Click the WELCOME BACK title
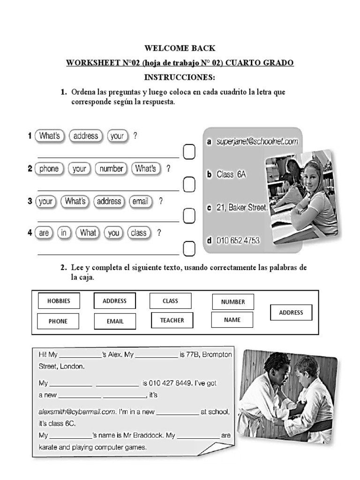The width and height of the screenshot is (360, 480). pyautogui.click(x=180, y=48)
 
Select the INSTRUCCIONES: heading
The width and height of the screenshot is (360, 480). pyautogui.click(x=180, y=77)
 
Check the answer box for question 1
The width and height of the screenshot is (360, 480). pyautogui.click(x=189, y=152)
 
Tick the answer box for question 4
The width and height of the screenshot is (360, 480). pyautogui.click(x=189, y=248)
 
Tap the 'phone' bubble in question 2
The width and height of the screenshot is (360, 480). pyautogui.click(x=49, y=169)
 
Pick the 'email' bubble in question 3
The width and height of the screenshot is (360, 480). pyautogui.click(x=140, y=202)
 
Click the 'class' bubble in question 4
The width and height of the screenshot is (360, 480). pyautogui.click(x=138, y=233)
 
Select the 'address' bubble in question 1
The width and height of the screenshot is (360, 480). pyautogui.click(x=86, y=136)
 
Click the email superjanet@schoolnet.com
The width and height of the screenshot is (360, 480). pyautogui.click(x=257, y=141)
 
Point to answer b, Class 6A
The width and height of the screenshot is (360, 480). pyautogui.click(x=231, y=174)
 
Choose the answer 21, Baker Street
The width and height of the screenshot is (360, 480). pyautogui.click(x=242, y=207)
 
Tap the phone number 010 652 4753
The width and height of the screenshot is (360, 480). pyautogui.click(x=238, y=240)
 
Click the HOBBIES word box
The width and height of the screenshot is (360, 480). pyautogui.click(x=58, y=301)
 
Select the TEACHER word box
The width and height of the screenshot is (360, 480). pyautogui.click(x=172, y=321)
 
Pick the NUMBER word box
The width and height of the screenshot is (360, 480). pyautogui.click(x=233, y=302)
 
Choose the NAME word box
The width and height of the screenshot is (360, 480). pyautogui.click(x=232, y=320)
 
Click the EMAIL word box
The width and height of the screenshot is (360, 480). pyautogui.click(x=115, y=322)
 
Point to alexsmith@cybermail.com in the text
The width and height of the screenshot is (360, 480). pyautogui.click(x=77, y=412)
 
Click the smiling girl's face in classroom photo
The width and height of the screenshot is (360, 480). pyautogui.click(x=313, y=176)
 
